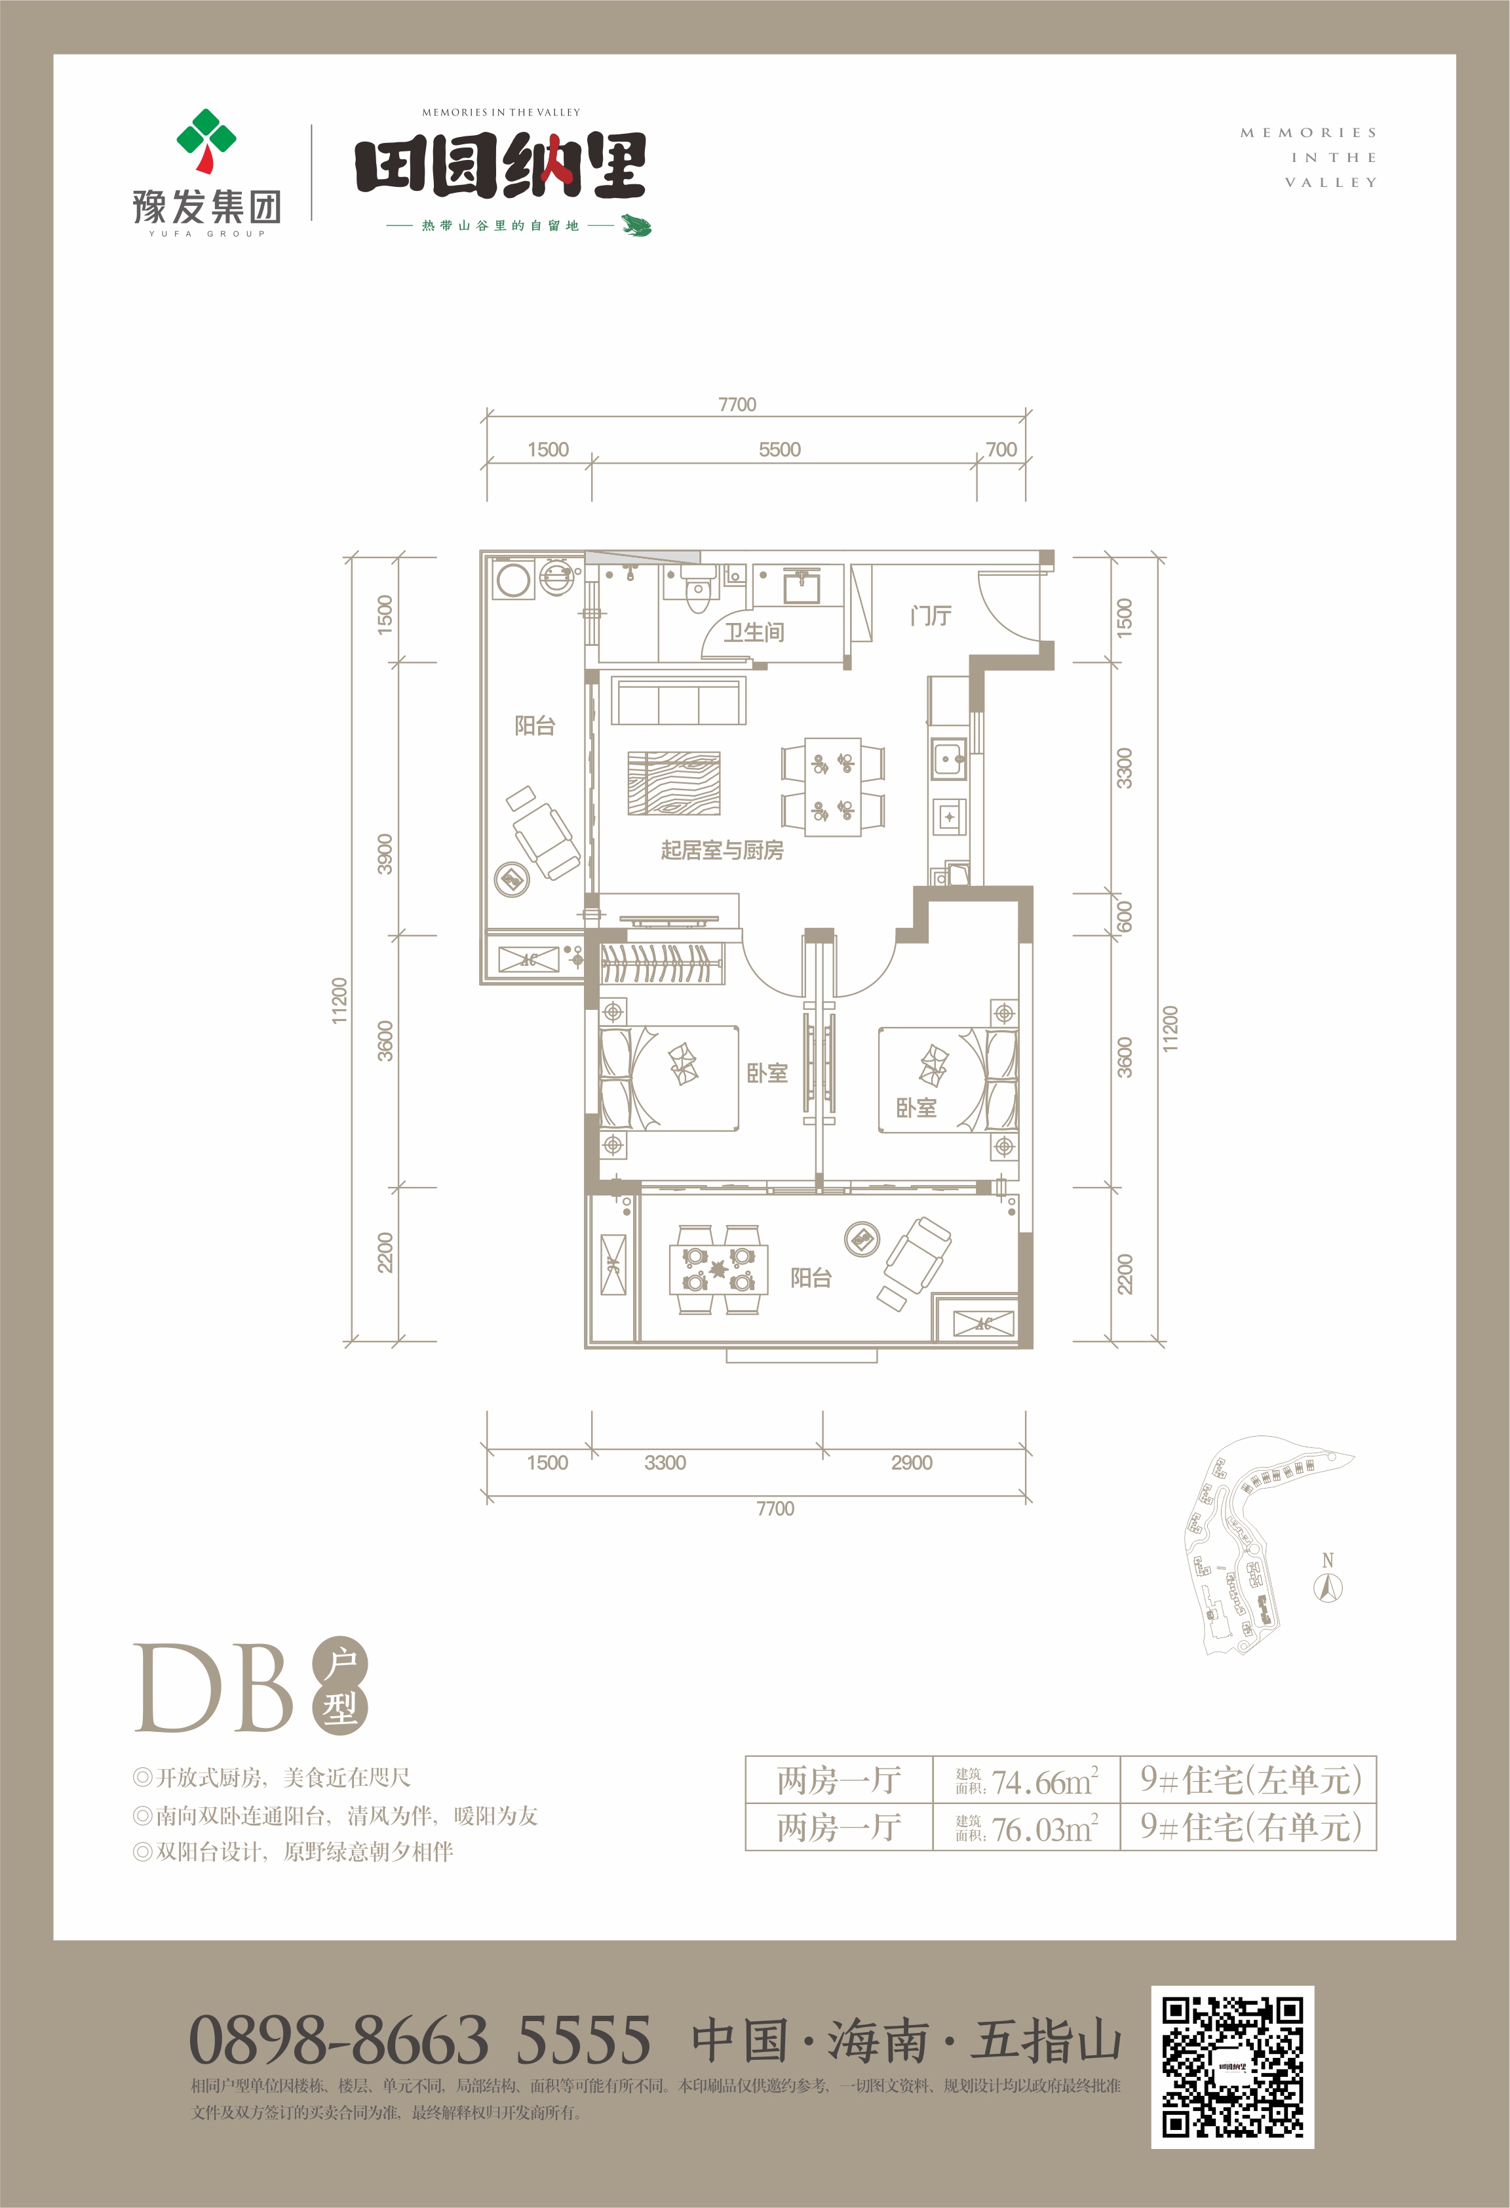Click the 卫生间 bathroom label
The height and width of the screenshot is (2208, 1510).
tap(754, 632)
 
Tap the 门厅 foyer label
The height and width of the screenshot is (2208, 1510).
tap(931, 616)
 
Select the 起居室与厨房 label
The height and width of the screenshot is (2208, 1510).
tap(722, 851)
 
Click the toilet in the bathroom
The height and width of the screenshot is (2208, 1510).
tap(698, 591)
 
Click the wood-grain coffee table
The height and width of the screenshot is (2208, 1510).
tap(673, 784)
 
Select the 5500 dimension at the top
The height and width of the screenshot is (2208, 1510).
tap(780, 449)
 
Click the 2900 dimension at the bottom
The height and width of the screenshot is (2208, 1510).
tap(912, 1463)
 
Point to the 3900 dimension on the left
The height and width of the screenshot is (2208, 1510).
tap(385, 854)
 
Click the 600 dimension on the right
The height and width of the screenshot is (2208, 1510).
tap(1125, 917)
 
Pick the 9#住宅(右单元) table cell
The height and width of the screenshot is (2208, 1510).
tap(1250, 1827)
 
